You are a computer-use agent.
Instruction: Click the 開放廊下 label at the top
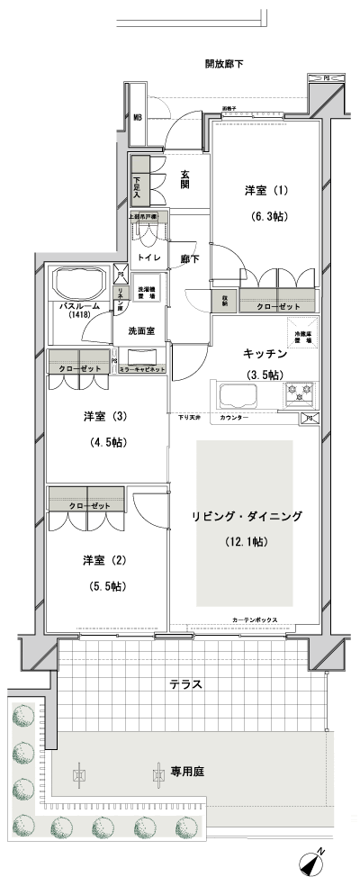pos(224,64)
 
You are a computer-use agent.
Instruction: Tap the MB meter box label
pos(139,117)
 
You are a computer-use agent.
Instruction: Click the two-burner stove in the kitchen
pos(298,393)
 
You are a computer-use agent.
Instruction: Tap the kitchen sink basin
pos(233,394)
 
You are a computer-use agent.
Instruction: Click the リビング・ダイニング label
pos(246,516)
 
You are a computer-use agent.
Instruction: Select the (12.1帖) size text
pos(245,542)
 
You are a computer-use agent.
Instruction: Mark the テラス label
pos(185,684)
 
